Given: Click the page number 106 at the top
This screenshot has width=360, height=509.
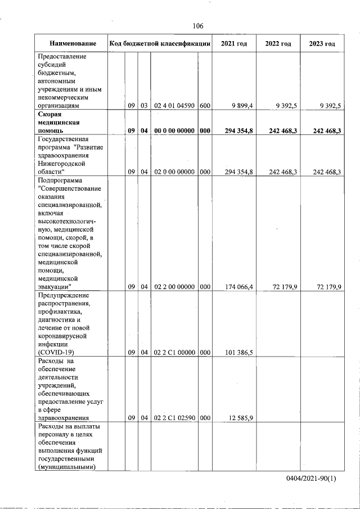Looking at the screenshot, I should click(197, 26).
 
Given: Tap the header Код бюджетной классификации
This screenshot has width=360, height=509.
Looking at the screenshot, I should click(160, 44).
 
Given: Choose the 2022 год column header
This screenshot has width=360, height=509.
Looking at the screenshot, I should click(278, 44).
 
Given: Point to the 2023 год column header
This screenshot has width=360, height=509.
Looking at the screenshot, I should click(322, 44).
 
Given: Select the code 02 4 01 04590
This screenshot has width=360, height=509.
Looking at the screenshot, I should click(174, 105).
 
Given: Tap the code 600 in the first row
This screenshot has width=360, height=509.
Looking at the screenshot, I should click(205, 105).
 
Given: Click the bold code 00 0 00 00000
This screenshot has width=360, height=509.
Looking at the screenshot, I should click(174, 130).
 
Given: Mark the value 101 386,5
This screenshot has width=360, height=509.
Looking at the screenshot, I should click(240, 353).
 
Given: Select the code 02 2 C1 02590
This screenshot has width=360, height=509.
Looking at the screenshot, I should click(174, 418).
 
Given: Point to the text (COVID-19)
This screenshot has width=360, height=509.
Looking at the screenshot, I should click(56, 353).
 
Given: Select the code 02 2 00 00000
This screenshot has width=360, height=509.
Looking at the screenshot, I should click(174, 287).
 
